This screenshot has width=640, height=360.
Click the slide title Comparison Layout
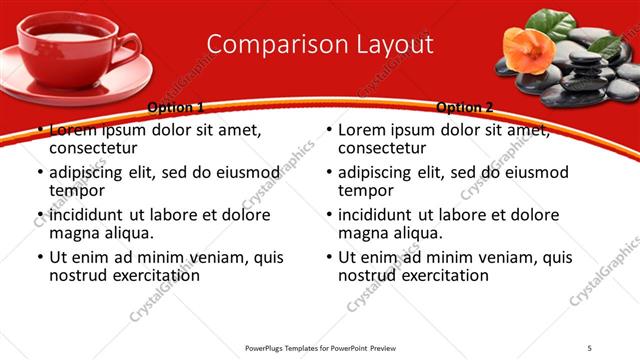click(320, 44)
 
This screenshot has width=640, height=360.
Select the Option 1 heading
click(175, 107)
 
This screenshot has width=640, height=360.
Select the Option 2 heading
click(465, 107)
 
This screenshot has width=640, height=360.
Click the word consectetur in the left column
click(92, 148)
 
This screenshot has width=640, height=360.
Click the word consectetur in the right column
click(381, 148)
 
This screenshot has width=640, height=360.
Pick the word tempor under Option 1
click(77, 190)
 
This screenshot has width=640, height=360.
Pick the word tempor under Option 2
click(366, 190)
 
